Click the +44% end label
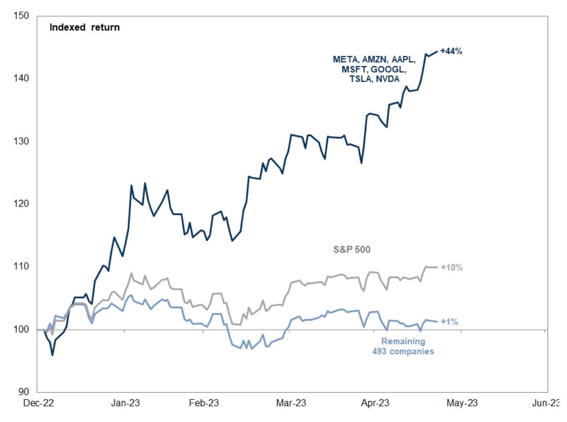click(x=451, y=51)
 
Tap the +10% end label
click(x=451, y=268)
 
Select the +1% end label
click(x=449, y=322)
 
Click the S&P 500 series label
click(x=352, y=250)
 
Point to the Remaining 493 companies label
click(x=403, y=347)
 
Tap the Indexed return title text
click(x=84, y=27)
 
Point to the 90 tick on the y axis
click(x=23, y=392)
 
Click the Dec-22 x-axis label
click(x=38, y=403)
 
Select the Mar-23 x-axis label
click(x=291, y=403)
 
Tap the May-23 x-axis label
click(x=462, y=403)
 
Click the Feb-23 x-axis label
click(x=204, y=403)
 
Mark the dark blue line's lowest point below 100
click(x=52, y=355)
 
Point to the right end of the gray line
click(x=437, y=267)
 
